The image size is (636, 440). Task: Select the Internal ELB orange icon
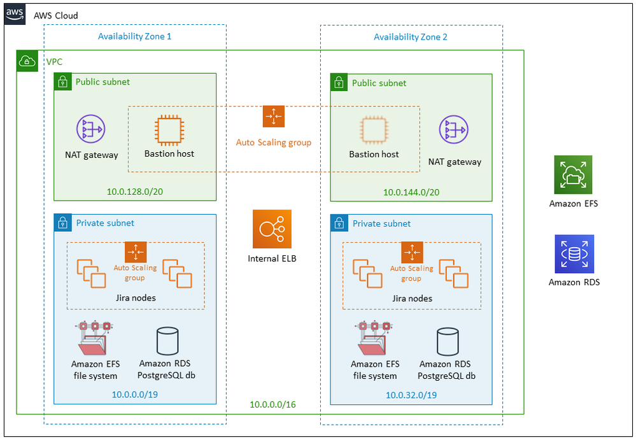point(272,229)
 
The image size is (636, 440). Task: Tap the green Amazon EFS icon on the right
point(573,174)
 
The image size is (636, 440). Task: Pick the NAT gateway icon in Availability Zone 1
point(91,129)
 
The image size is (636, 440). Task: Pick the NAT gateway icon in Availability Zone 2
point(454,129)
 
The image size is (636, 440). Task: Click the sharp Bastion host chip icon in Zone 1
point(169,130)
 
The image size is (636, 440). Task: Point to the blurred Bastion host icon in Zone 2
point(374,130)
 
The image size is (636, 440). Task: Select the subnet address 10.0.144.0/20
point(411,192)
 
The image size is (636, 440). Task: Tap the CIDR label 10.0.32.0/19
point(411,395)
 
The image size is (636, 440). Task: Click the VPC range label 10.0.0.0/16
point(272,404)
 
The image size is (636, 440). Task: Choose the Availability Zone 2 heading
point(410,37)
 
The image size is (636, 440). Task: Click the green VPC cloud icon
point(27,62)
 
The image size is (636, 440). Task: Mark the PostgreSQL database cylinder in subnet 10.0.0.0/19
point(167,342)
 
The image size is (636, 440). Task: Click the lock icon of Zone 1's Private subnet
point(62,223)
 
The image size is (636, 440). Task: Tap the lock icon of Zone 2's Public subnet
point(339,82)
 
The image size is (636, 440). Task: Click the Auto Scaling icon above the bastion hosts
point(274,117)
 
